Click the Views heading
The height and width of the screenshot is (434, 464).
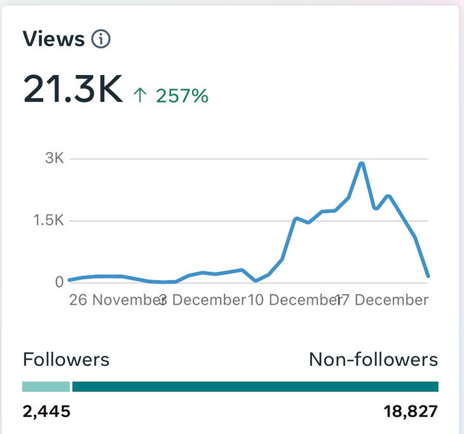(x=53, y=39)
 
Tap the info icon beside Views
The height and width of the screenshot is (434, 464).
(x=101, y=39)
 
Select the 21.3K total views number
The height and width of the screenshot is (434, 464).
(x=72, y=90)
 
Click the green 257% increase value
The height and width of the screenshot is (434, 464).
(x=182, y=96)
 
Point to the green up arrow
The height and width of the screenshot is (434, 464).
(x=140, y=96)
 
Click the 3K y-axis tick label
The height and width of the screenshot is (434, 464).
(x=55, y=158)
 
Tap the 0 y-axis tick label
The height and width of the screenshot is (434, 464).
(x=58, y=282)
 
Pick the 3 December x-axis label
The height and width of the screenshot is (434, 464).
(x=202, y=299)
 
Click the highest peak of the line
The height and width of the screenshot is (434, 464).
(x=362, y=164)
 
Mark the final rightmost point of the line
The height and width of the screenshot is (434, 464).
(x=428, y=276)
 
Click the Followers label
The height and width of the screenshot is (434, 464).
(x=66, y=360)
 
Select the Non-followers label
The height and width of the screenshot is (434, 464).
(x=373, y=360)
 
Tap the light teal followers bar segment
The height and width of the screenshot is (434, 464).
(x=46, y=386)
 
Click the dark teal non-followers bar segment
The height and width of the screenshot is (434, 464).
(x=255, y=386)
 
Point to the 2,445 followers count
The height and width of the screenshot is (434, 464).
(x=46, y=412)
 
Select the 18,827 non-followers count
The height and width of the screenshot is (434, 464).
(x=411, y=412)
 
